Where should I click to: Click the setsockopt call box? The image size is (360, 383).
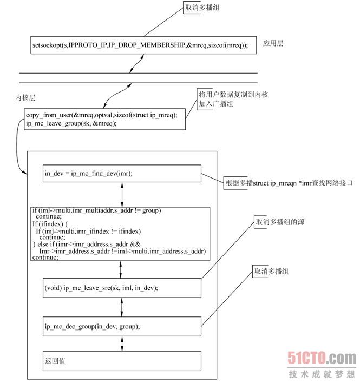[x=140, y=45]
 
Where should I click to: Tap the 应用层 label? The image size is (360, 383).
[x=273, y=43]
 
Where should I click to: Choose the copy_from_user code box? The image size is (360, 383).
[x=104, y=118]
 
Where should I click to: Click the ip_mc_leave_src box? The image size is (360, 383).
[x=121, y=288]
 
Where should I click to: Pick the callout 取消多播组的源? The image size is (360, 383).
[x=278, y=222]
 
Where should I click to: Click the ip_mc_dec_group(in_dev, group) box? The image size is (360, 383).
[x=121, y=326]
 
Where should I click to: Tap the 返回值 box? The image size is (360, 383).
[x=121, y=360]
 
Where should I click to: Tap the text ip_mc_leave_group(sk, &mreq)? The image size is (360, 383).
[x=71, y=123]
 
